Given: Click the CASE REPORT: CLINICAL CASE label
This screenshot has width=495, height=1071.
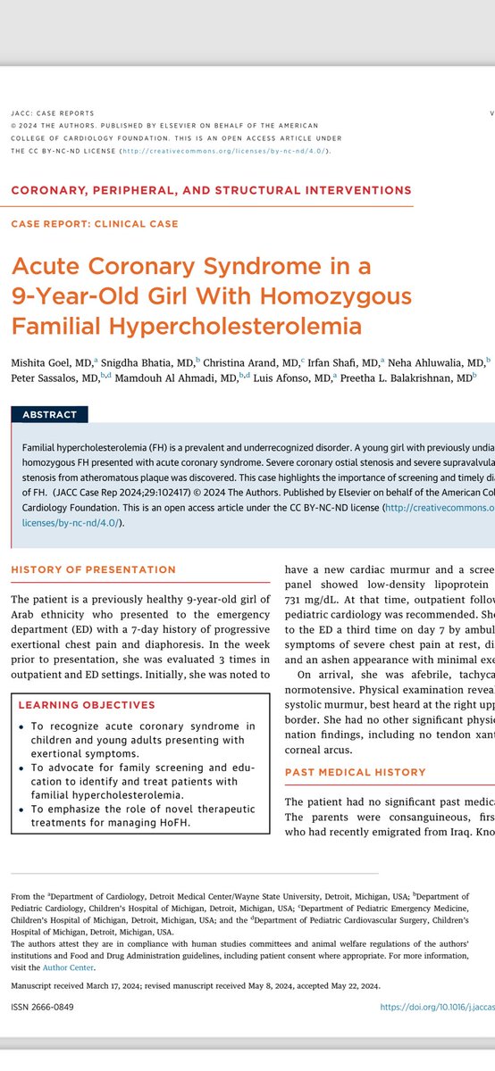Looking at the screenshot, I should (95, 223).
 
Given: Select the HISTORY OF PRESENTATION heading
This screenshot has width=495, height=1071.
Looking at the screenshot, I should (93, 569).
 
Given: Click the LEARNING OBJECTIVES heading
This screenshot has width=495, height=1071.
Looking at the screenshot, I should (86, 704).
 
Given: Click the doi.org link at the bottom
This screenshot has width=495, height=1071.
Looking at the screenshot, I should (437, 1007).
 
